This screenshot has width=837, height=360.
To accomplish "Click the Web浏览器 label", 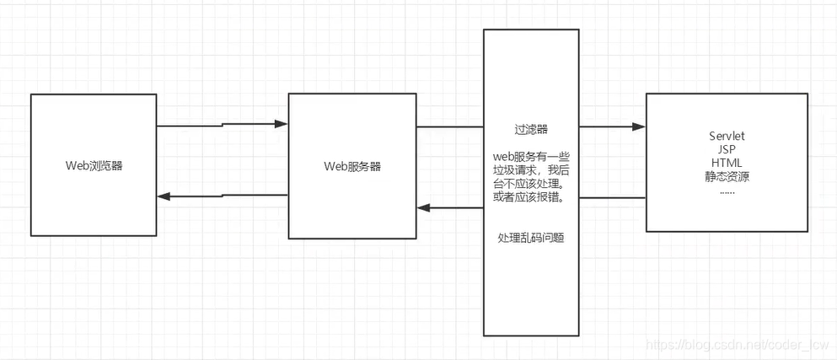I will tap(94, 165).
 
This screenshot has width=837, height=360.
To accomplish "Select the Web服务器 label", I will tap(352, 165).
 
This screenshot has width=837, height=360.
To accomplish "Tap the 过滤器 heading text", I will tap(531, 130).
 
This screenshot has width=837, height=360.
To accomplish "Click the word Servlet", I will tap(727, 136).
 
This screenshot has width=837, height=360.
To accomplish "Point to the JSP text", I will tap(727, 149).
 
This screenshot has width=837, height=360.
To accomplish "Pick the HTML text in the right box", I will tap(727, 163).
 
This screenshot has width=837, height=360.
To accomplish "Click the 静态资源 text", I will tap(727, 176).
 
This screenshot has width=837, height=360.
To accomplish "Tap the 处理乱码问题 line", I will tap(531, 239).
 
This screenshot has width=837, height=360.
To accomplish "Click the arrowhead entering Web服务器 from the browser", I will tap(281, 124).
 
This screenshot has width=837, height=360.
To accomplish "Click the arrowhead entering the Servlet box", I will tap(638, 127).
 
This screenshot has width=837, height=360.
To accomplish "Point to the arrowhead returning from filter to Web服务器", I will tap(424, 207).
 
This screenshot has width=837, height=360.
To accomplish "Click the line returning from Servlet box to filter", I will tap(613, 198).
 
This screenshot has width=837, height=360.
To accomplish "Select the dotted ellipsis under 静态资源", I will tap(727, 191).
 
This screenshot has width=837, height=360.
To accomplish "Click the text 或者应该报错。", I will tap(531, 197).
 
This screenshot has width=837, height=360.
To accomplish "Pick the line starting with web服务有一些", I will tap(531, 157).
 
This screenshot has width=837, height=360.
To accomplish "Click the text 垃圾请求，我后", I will tap(531, 170).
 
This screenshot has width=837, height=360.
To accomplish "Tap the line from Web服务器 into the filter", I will tap(449, 127).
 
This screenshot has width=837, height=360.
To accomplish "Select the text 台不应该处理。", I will tap(531, 184).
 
